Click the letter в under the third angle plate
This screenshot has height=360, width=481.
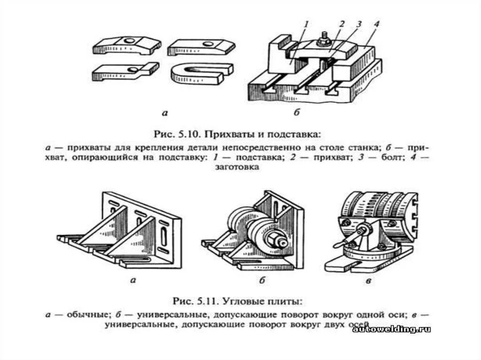click(x=369, y=281)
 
